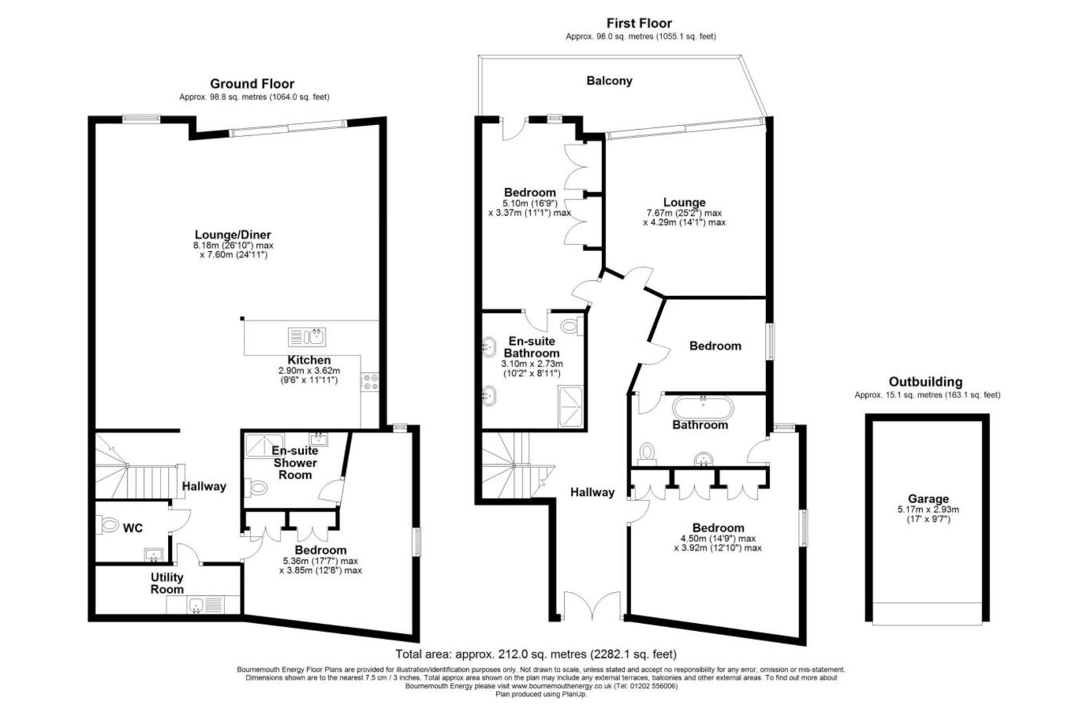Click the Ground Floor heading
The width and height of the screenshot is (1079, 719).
252,84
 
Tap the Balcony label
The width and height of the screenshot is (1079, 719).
609,81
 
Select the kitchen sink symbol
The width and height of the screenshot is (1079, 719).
306,337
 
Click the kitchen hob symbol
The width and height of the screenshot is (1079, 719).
370,382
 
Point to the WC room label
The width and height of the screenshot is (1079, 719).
133,528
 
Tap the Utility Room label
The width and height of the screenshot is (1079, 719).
167,583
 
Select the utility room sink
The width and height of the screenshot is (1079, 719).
196,604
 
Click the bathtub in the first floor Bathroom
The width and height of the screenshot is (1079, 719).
703,406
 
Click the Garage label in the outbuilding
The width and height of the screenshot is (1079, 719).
928,499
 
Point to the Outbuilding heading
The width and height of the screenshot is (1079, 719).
925,382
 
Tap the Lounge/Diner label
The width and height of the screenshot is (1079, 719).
232,235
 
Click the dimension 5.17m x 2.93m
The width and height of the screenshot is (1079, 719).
928,509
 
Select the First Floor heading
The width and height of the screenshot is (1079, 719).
639,23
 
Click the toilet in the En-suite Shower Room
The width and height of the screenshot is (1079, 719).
257,488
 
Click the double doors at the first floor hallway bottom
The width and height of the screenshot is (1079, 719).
588,606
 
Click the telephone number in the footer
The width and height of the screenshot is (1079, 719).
655,686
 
